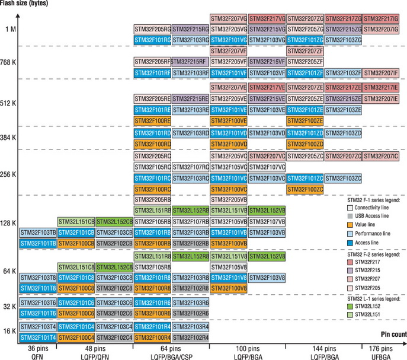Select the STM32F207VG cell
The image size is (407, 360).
(x=229, y=18)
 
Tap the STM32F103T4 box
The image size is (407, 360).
(x=38, y=326)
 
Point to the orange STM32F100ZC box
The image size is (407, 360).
(x=305, y=189)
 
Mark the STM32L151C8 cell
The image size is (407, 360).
(x=76, y=267)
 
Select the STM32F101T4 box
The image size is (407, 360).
(x=38, y=337)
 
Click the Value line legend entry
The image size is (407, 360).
(x=367, y=225)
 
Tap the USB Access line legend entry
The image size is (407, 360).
(x=372, y=216)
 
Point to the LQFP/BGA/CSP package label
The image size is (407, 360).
(x=172, y=356)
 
